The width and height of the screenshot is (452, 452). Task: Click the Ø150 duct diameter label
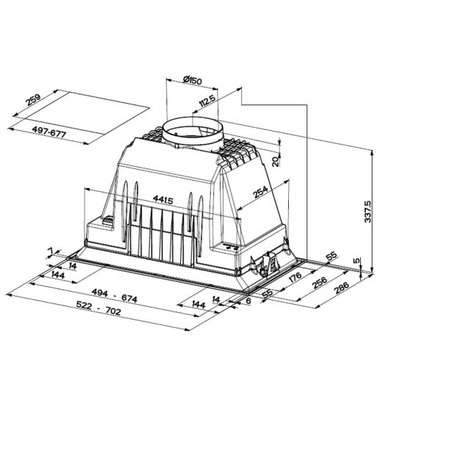(x=193, y=80)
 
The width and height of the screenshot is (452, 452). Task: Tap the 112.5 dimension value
(x=207, y=101)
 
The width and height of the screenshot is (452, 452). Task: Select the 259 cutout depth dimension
(x=33, y=100)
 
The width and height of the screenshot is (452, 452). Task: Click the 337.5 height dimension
(x=367, y=212)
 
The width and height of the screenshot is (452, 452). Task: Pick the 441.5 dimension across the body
(x=163, y=199)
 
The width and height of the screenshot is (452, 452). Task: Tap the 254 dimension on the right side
(x=260, y=192)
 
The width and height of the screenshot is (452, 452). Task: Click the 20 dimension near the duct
(x=276, y=162)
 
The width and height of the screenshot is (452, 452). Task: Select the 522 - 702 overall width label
(x=98, y=307)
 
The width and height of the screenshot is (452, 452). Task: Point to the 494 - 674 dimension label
(x=115, y=295)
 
